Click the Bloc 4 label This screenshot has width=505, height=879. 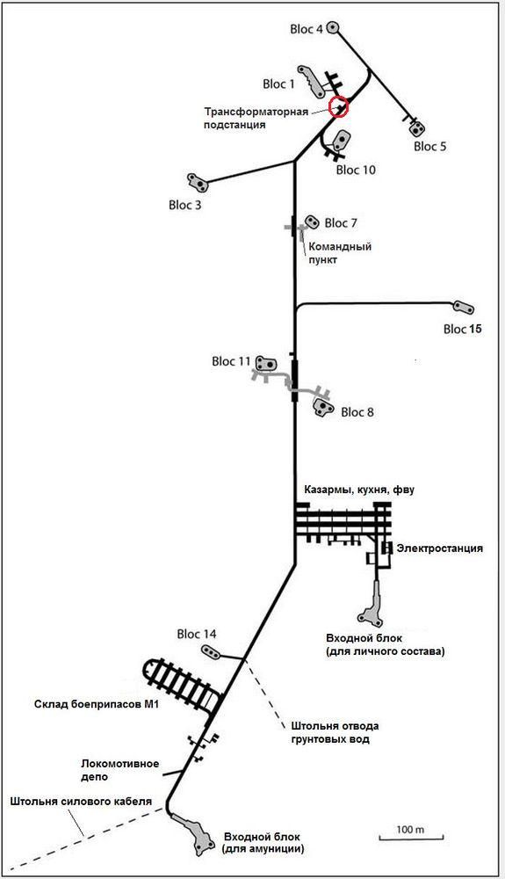click(x=307, y=29)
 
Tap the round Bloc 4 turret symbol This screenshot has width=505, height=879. click(x=333, y=26)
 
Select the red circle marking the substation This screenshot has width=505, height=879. click(x=338, y=106)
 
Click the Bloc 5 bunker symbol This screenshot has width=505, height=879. click(x=416, y=129)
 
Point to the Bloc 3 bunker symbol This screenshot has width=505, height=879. click(x=197, y=182)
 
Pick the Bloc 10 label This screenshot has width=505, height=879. click(x=356, y=170)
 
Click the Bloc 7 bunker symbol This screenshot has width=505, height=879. click(x=311, y=222)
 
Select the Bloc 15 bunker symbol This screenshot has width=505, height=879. click(x=464, y=308)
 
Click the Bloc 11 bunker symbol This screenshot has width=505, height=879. click(x=266, y=363)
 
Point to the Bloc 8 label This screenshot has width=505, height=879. click(x=357, y=412)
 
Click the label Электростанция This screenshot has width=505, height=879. click(x=439, y=548)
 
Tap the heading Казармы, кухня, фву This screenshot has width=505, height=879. click(x=359, y=490)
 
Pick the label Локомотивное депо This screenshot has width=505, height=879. click(x=119, y=770)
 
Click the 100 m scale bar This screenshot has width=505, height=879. click(x=411, y=838)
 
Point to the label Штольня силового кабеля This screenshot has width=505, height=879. click(x=81, y=801)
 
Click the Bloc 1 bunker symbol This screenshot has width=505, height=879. click(x=310, y=80)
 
